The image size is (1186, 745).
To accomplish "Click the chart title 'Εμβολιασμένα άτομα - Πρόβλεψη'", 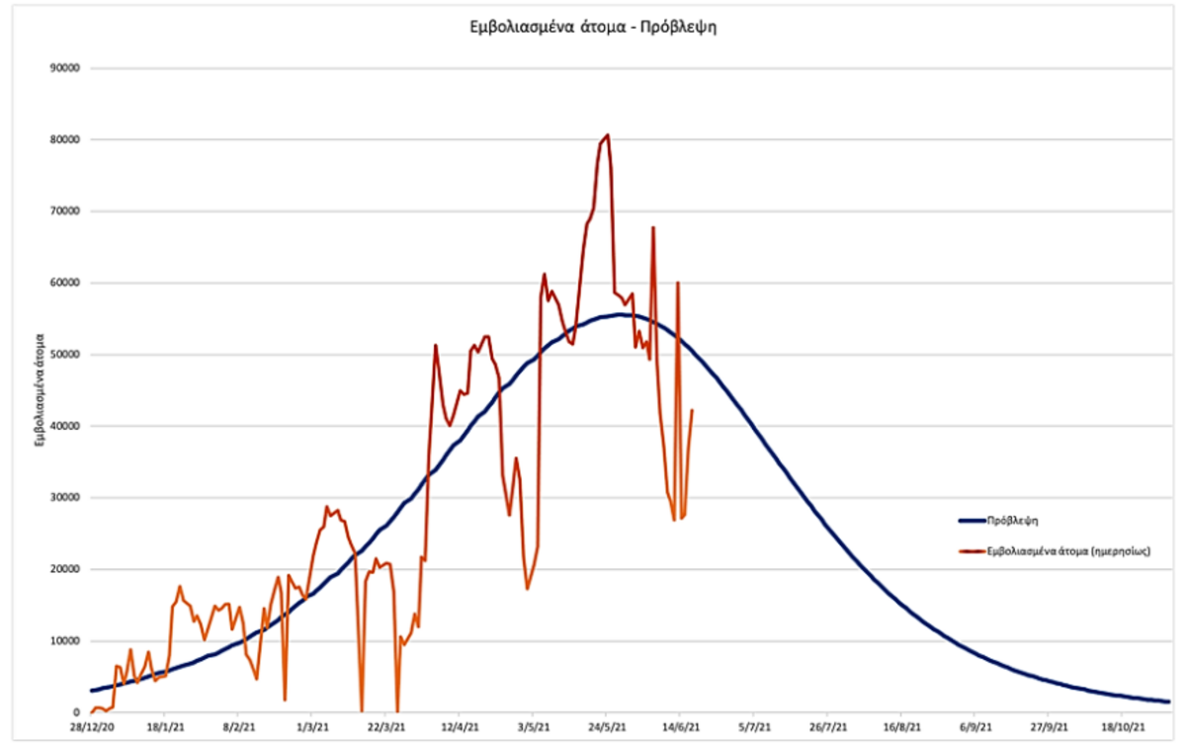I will coord(592,27).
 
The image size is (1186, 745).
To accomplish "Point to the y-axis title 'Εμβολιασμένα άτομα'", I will coord(41,390).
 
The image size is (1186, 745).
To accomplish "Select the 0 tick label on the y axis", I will coord(75,712).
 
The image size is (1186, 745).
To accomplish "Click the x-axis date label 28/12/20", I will coord(91,728).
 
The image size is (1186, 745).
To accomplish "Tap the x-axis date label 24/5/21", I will coord(607,728).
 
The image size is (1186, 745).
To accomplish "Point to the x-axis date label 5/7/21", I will coord(754,728).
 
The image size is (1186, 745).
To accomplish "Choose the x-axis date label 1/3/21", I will coord(312,728).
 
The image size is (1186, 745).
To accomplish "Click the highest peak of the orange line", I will coord(607,135).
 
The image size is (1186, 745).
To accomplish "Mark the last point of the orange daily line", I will coord(692,410).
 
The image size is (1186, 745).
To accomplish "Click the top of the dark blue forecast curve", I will coord(620,315).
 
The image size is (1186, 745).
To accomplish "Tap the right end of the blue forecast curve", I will coord(1168,702).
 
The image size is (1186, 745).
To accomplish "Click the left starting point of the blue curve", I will coord(91,691).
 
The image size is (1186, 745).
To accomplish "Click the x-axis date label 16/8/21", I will coord(900,728).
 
